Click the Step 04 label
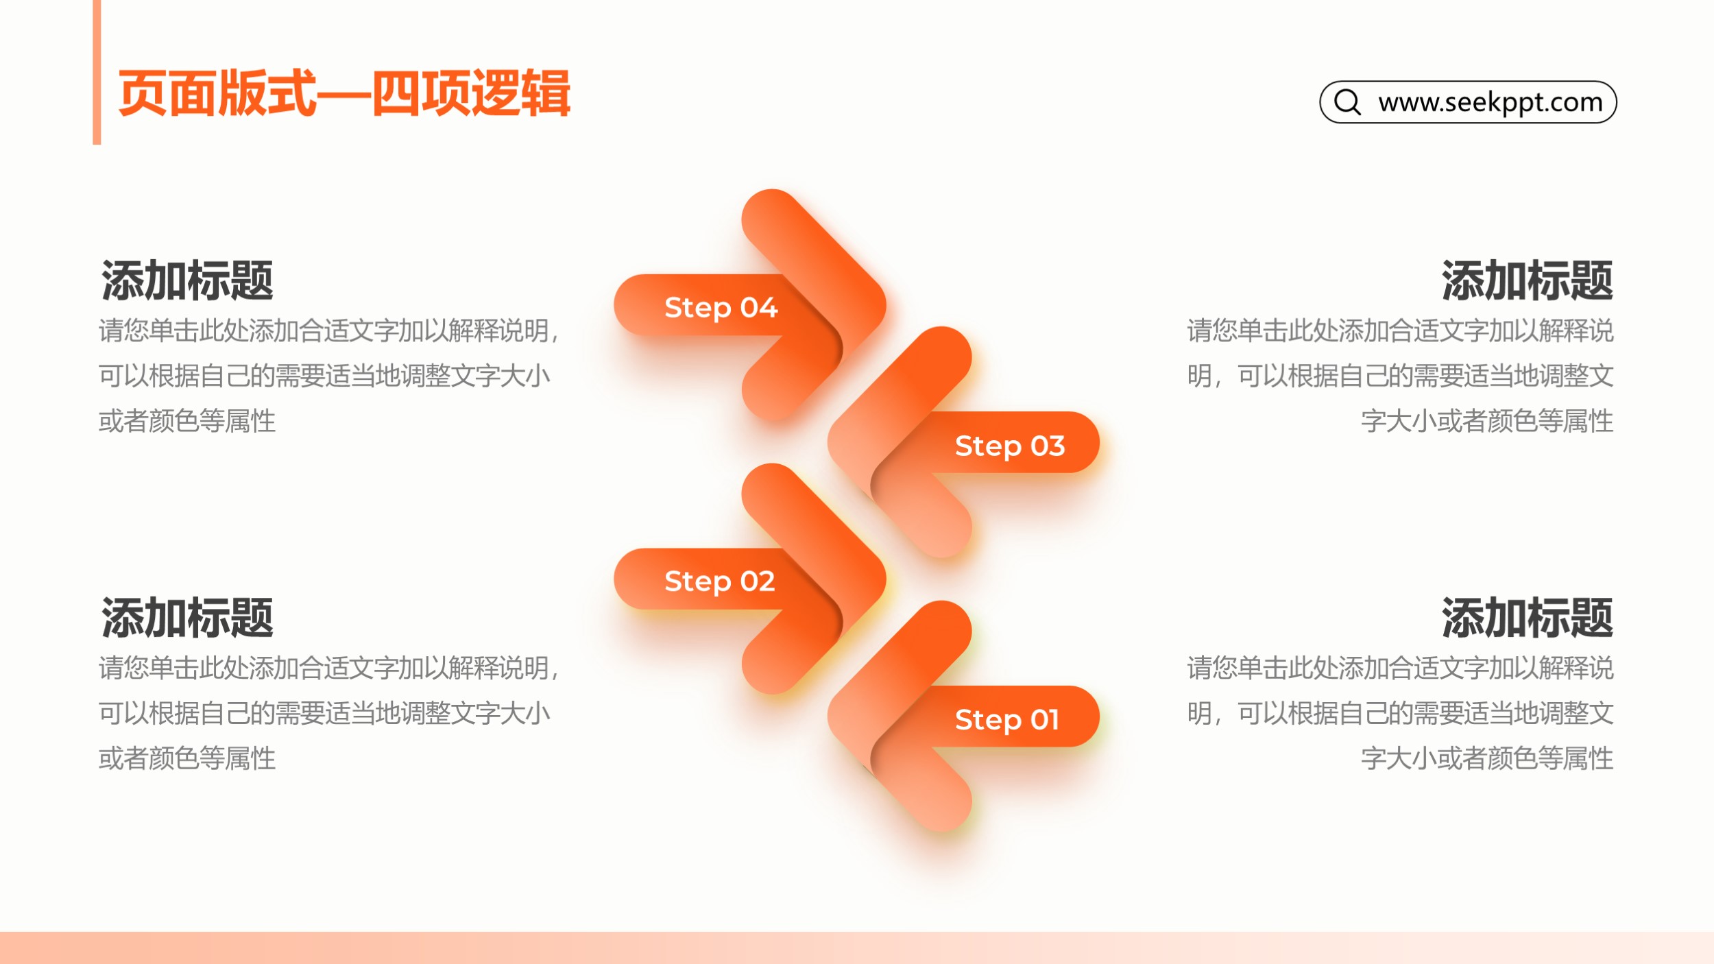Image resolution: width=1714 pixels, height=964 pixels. click(x=721, y=307)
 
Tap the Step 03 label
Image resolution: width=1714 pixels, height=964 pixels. click(x=1010, y=446)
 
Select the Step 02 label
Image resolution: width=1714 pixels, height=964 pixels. click(x=719, y=581)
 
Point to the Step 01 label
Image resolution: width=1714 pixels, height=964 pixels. click(x=1007, y=720)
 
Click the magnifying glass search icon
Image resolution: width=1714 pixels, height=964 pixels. click(x=1347, y=102)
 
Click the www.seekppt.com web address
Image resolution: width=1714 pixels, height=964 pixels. click(x=1490, y=102)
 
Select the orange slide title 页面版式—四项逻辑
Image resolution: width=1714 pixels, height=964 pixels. click(x=344, y=93)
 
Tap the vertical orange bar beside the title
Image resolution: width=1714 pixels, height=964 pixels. click(x=97, y=72)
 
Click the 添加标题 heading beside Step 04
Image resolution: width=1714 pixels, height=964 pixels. click(x=187, y=280)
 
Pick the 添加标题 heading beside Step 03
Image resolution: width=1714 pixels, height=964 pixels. click(x=1527, y=280)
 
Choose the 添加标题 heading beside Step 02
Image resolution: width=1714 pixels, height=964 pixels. click(x=187, y=618)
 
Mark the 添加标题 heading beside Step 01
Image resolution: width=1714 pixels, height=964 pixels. click(x=1527, y=618)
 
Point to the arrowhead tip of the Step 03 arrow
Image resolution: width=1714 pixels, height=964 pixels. click(x=828, y=442)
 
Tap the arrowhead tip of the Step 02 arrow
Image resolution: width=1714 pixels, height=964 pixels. click(x=885, y=579)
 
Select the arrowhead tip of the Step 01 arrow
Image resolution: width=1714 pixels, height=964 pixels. click(x=828, y=716)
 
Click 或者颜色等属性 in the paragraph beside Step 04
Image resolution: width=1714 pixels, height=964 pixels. click(x=187, y=421)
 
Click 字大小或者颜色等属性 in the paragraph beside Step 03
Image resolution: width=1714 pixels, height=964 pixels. click(x=1487, y=421)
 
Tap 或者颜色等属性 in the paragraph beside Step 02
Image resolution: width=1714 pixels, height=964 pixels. click(x=187, y=758)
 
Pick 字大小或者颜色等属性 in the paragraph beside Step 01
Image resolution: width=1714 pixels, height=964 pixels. click(x=1487, y=758)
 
